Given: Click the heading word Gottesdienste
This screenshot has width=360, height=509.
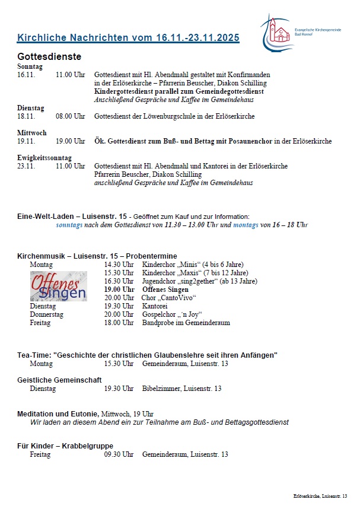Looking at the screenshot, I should pos(49,56).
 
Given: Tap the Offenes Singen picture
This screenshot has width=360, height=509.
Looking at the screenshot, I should pos(58,287).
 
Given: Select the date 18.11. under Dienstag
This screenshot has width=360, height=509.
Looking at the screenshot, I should pos(27,116).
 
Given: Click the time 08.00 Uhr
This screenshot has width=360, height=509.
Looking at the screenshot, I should pos(71,116).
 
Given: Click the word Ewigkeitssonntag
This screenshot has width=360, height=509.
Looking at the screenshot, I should pos(44,158).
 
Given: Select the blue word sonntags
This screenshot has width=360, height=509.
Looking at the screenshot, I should pos(71,225).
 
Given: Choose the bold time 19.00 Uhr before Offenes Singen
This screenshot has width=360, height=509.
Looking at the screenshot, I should pos(119,290).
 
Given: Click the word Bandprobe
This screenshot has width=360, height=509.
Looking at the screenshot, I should pos(158,323).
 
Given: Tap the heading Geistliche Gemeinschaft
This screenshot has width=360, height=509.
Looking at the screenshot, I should pos(59,380).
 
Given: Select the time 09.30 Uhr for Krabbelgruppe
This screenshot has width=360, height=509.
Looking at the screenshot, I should pos(119,454).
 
